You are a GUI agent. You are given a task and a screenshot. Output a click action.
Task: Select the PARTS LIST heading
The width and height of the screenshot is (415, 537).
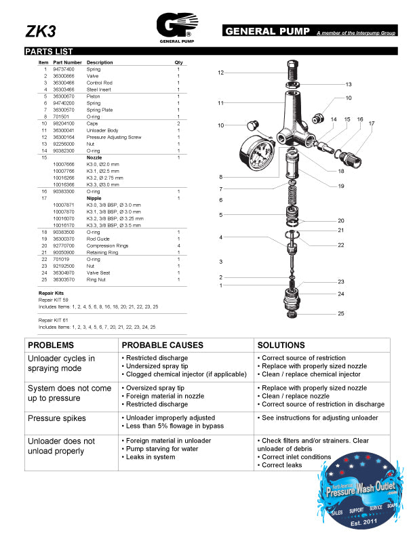(x=44, y=52)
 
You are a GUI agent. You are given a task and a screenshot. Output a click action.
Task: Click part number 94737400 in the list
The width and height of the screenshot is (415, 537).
(x=64, y=69)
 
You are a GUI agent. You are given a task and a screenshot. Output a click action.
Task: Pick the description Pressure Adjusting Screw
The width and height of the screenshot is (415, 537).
(x=113, y=137)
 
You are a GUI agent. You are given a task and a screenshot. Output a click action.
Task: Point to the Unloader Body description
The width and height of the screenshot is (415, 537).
(x=102, y=130)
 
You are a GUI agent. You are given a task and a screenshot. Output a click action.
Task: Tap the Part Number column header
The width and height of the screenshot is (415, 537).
(x=67, y=62)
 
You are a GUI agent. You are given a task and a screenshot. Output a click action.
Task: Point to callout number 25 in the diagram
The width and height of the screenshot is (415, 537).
(x=341, y=313)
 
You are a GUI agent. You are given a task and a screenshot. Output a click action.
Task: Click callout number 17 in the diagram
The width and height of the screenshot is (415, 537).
(x=371, y=124)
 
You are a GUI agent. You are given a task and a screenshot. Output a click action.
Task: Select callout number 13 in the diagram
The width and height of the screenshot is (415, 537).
(x=348, y=85)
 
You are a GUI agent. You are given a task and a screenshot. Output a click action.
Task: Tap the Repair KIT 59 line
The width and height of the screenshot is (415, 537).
(x=54, y=299)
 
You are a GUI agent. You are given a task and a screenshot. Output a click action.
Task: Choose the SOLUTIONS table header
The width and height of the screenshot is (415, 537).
(x=281, y=345)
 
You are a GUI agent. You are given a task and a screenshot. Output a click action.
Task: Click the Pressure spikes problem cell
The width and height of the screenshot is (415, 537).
(x=56, y=418)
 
